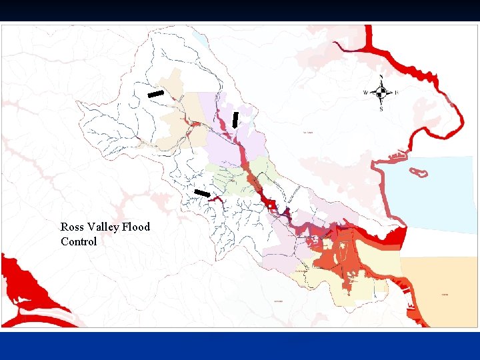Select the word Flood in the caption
(136, 227)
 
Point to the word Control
(79, 241)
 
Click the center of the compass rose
(381, 93)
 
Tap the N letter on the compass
(381, 77)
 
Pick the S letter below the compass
(381, 109)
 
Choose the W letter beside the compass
(365, 93)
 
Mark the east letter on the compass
(397, 93)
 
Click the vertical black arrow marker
(235, 119)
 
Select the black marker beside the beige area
(155, 94)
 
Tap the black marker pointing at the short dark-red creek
(201, 193)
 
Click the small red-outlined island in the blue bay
(419, 173)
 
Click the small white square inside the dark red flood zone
(271, 207)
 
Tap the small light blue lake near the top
(199, 40)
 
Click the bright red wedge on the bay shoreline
(397, 235)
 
